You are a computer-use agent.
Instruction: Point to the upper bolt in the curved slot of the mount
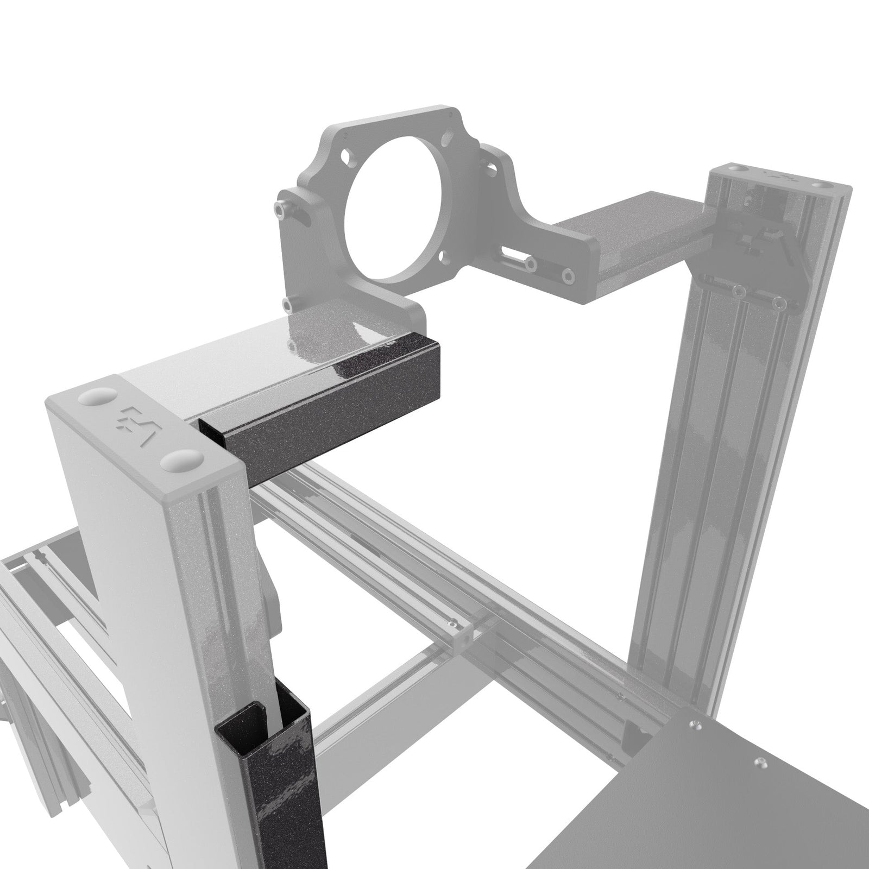click(x=279, y=208)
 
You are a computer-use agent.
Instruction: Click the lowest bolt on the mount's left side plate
click(x=286, y=302)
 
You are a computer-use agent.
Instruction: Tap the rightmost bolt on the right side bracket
click(x=568, y=275)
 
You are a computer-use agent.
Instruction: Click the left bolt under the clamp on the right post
click(x=737, y=292)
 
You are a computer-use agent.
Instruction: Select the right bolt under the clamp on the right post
click(x=780, y=301)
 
